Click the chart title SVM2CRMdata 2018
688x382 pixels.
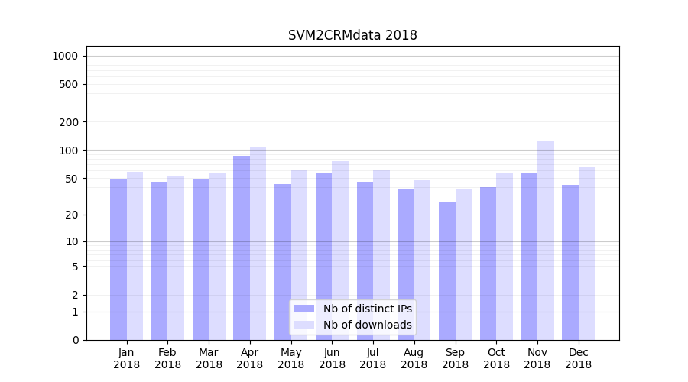pos(352,35)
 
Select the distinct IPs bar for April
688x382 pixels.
pos(242,248)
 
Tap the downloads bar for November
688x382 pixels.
pos(546,241)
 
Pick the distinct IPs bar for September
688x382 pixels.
pos(447,270)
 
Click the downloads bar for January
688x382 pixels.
pos(135,256)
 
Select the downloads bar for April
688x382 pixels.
pos(258,244)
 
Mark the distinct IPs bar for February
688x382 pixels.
pos(160,261)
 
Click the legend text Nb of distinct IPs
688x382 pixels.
pos(368,309)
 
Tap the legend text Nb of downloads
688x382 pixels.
pos(368,325)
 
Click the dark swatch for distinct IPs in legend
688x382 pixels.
pos(303,309)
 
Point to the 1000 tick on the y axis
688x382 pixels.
pos(66,56)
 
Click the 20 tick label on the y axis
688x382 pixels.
pos(72,215)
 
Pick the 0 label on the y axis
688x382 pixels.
pos(75,340)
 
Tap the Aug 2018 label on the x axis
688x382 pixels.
pos(414,358)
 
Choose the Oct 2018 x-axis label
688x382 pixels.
pos(496,358)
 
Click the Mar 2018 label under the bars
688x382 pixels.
pos(209,358)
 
